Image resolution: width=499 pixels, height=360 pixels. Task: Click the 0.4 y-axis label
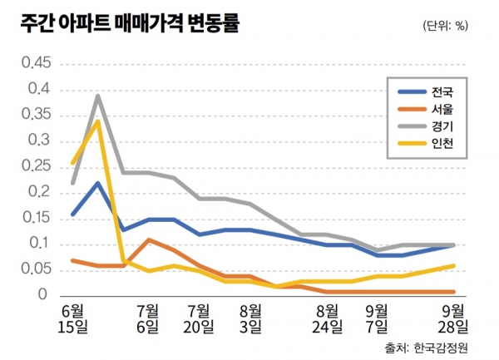tap(39, 89)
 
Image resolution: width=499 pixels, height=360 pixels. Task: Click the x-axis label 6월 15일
tap(73, 318)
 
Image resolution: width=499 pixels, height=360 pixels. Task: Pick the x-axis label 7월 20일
tap(198, 318)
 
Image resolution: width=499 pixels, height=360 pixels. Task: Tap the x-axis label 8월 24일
tap(327, 318)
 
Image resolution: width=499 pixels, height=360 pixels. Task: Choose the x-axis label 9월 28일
tap(453, 318)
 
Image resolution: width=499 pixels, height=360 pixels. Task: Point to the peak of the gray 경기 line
tap(98, 96)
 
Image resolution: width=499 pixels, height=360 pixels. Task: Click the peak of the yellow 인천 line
tap(98, 121)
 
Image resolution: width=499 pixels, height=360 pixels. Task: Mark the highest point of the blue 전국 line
tap(98, 183)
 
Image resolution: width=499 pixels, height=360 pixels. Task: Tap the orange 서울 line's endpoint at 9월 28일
tap(453, 292)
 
